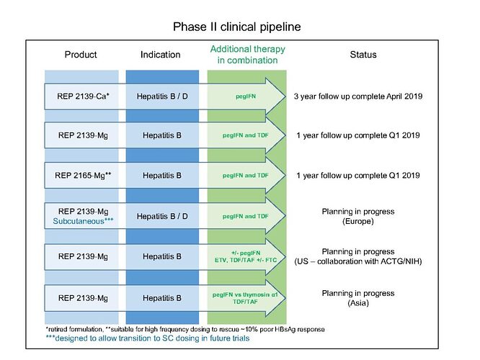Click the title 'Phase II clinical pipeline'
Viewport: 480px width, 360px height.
tap(236, 27)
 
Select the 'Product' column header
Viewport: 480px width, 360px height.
tap(81, 55)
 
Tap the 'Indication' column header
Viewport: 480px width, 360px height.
tap(161, 55)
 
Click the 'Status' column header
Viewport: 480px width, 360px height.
tap(363, 55)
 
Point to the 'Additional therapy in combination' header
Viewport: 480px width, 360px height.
tap(248, 55)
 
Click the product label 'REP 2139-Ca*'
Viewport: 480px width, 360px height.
tap(84, 96)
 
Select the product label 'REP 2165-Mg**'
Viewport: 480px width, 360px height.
tap(83, 175)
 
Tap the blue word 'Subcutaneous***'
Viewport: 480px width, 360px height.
tap(84, 221)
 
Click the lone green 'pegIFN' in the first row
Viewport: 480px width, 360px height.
tap(246, 96)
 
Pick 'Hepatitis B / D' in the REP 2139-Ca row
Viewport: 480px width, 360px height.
tap(162, 96)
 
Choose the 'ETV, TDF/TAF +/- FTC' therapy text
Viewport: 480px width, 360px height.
tap(246, 261)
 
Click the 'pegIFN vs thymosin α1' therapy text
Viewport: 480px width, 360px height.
tap(245, 295)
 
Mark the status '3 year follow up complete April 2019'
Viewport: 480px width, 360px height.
tap(358, 96)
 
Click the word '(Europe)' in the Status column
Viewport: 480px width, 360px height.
tap(358, 221)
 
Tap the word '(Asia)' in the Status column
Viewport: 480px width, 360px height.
tap(358, 303)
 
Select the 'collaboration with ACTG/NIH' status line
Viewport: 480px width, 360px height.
tap(358, 261)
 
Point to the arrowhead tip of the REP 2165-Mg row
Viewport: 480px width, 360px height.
tap(285, 175)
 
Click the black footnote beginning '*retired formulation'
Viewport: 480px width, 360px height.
tap(185, 330)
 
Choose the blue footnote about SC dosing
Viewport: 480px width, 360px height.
tap(148, 338)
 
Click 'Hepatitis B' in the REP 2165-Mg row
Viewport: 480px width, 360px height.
tap(162, 175)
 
